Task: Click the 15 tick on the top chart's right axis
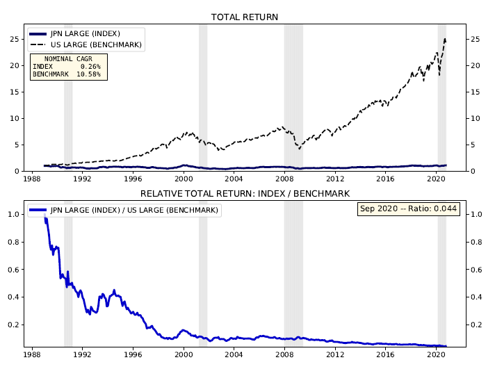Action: [x=476, y=92]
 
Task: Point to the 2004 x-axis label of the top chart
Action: [x=234, y=179]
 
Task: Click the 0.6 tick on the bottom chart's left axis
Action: [x=13, y=270]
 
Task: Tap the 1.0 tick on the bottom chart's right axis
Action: [x=476, y=215]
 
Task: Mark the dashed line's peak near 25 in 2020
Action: [x=444, y=39]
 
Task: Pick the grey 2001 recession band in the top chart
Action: [x=203, y=97]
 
